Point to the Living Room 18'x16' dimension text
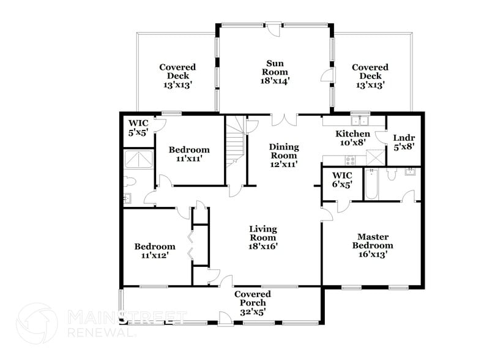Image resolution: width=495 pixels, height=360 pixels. (x=263, y=246)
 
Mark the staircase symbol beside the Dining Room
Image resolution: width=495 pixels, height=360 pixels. (x=235, y=141)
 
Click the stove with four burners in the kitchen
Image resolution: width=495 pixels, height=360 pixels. (x=351, y=160)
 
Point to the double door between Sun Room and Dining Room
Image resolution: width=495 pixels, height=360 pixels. (x=285, y=119)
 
